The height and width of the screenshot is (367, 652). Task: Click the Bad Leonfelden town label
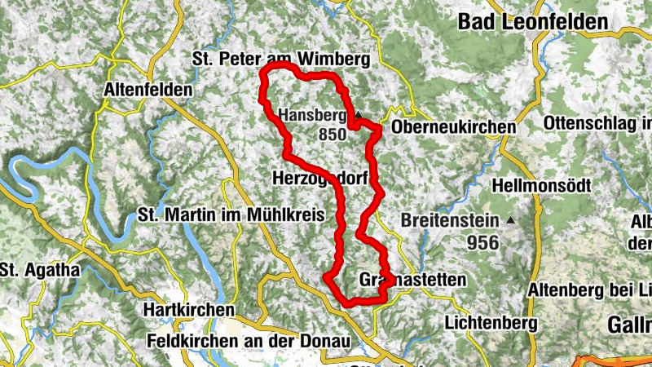coord(533,22)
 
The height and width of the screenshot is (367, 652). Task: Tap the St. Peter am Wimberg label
coord(280,59)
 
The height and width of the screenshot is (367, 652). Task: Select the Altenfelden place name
coord(149,89)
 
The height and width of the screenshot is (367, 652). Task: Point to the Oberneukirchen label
coord(454,128)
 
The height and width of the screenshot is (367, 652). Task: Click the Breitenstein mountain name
coord(451,220)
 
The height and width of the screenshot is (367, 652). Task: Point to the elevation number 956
coord(483,242)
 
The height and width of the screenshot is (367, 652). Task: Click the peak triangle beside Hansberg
coord(357,115)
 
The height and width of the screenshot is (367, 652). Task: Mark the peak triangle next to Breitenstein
coord(511,220)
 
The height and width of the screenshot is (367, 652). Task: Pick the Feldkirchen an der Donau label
coord(249,339)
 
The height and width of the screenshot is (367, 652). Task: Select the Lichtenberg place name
coord(491,323)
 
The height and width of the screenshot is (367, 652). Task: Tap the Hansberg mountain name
coord(313,116)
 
